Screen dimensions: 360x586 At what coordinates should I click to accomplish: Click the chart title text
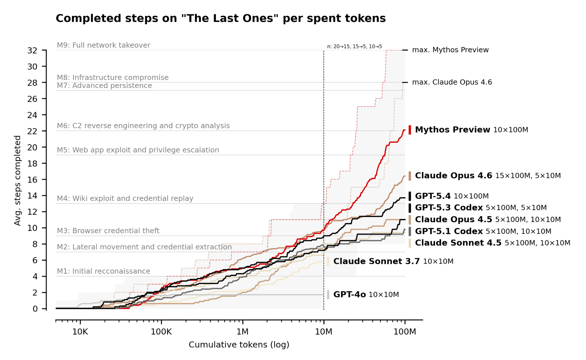[x=221, y=18]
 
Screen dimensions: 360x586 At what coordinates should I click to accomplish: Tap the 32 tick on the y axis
[x=32, y=51]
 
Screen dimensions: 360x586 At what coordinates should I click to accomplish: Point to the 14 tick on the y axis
[x=32, y=196]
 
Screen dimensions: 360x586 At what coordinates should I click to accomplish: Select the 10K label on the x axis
[x=80, y=332]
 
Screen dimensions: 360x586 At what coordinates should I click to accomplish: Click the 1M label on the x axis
[x=242, y=332]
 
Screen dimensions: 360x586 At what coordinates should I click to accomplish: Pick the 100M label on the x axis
[x=405, y=332]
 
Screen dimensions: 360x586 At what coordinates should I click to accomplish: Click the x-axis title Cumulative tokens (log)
[x=239, y=345]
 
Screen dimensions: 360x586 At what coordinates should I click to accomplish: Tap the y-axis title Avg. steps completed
[x=17, y=181]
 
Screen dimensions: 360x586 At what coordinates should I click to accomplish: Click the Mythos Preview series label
[x=452, y=130]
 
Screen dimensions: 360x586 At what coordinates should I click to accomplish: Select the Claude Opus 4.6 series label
[x=453, y=176]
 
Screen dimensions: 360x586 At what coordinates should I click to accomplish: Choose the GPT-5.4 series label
[x=433, y=196]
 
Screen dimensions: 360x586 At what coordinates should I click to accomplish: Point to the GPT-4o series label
[x=349, y=294]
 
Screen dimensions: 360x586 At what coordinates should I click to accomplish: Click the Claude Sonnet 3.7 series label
[x=376, y=261]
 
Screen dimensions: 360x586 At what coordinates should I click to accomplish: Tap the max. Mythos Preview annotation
[x=450, y=50]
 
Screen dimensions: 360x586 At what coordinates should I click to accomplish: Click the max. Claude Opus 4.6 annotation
[x=452, y=82]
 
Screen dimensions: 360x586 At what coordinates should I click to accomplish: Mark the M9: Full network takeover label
[x=104, y=45]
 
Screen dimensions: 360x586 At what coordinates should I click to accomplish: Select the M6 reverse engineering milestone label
[x=143, y=126]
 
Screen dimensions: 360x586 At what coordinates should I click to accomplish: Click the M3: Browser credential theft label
[x=108, y=231]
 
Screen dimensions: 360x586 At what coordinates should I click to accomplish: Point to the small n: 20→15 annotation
[x=354, y=47]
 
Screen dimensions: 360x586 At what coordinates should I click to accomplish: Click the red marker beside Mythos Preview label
[x=410, y=130]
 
